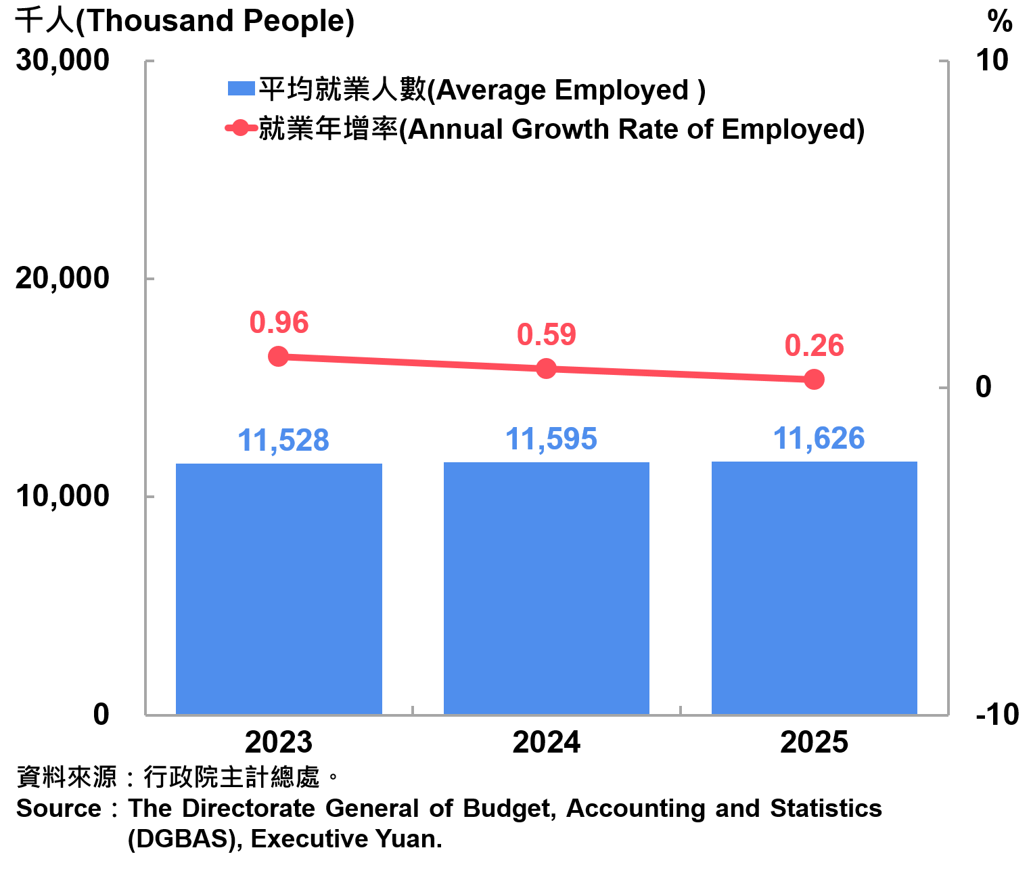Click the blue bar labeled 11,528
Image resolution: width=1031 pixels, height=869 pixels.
pos(279,589)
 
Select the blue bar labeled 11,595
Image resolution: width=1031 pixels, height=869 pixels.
pos(547,588)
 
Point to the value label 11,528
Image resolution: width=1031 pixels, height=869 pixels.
pos(283,441)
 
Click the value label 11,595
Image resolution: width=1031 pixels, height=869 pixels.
pos(551,439)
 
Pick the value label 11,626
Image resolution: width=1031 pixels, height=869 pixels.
pos(819,439)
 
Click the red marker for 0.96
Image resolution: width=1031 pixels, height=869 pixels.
pos(278,356)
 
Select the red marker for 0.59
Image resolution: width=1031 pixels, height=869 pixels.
pos(546,368)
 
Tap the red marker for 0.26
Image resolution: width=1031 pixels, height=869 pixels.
pos(815,379)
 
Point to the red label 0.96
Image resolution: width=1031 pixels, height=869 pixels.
pos(279,323)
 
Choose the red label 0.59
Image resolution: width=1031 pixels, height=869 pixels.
pos(547,335)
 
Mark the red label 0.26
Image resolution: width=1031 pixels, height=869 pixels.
pos(815,346)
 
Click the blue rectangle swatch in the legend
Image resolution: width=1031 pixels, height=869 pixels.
pos(242,88)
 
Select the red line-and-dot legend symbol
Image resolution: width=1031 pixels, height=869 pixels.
pos(241,127)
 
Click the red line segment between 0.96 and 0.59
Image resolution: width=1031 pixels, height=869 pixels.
pos(412,362)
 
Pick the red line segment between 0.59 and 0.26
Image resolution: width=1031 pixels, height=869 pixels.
pos(680,374)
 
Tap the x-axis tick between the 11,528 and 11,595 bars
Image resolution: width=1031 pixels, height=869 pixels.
pos(413,710)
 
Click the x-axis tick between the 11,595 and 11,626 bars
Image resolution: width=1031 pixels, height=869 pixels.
pos(681,710)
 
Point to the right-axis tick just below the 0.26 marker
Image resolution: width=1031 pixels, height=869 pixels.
pos(944,388)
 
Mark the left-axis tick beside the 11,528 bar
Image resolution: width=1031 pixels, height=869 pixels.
pos(150,497)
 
